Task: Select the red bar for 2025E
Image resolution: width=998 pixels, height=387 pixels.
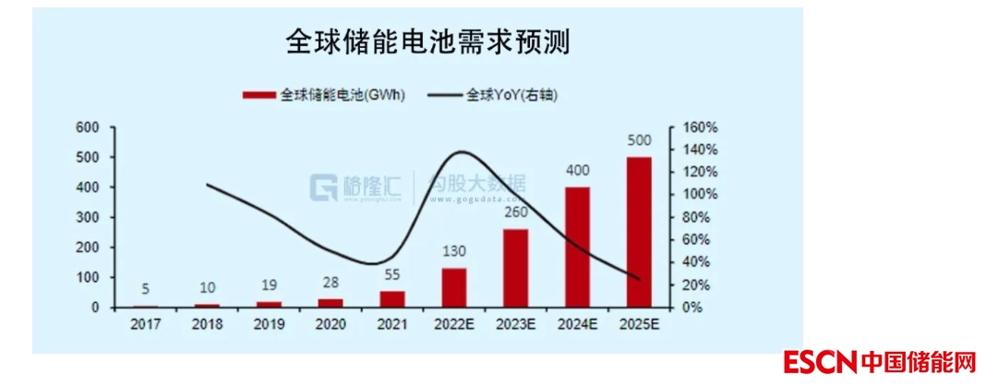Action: tap(639, 232)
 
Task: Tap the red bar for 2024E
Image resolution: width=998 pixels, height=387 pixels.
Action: tap(577, 247)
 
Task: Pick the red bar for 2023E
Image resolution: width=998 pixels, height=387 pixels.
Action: tap(515, 268)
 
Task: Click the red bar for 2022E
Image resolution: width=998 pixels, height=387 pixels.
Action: tap(454, 287)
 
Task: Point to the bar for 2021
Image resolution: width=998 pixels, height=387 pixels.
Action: tap(392, 298)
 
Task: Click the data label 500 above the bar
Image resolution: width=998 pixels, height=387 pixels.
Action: tap(639, 141)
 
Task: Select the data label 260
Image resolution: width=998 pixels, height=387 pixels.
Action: tap(515, 213)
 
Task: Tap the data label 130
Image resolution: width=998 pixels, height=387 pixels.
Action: tap(454, 252)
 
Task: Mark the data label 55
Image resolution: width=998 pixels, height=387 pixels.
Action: tap(392, 275)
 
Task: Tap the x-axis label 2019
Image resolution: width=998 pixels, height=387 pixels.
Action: tap(269, 324)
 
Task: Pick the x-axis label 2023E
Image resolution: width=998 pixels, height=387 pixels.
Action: tap(515, 324)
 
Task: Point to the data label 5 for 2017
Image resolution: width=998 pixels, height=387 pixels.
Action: tap(146, 289)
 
